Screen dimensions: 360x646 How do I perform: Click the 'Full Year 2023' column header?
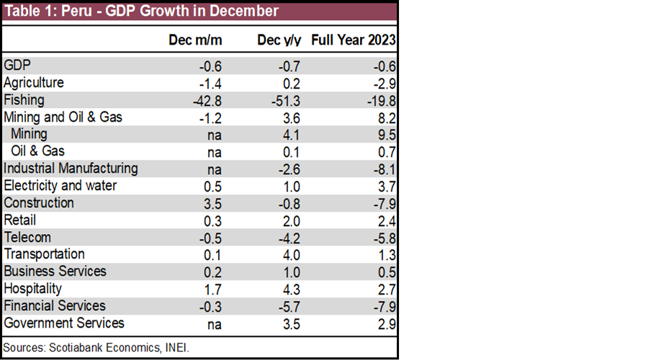point(353,40)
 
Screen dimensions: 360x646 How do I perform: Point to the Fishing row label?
point(24,100)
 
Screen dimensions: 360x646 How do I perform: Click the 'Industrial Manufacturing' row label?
point(71,168)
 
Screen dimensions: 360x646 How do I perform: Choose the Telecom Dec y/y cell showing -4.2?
point(289,238)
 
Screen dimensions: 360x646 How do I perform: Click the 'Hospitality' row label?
point(33,289)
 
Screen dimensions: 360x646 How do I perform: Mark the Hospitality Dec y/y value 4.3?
point(291,289)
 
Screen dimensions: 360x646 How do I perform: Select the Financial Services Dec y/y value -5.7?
point(289,306)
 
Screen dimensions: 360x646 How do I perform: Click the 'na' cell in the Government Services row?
point(214,323)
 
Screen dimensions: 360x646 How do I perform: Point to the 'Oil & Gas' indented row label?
point(37,151)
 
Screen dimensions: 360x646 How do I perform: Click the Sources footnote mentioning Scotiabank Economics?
point(96,347)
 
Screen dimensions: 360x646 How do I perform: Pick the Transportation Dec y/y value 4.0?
point(291,255)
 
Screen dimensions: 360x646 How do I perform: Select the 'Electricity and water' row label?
point(60,186)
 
